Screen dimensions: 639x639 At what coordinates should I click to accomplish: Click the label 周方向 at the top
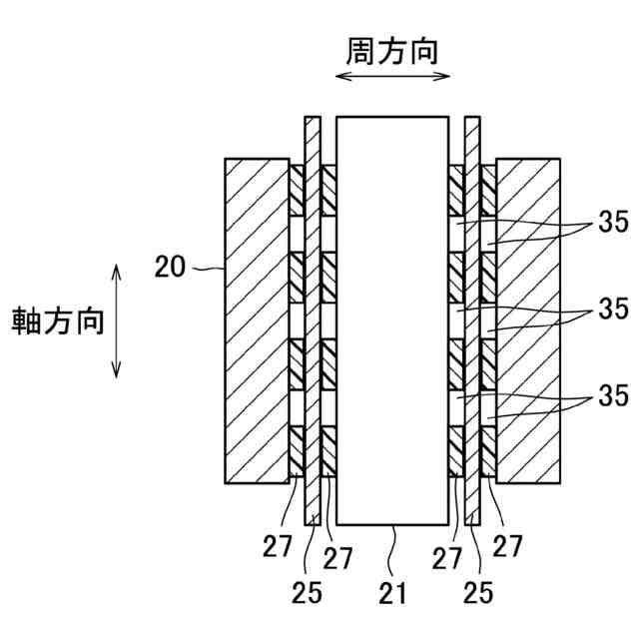(x=391, y=51)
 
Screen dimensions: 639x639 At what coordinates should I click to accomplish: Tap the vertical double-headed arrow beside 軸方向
(x=117, y=321)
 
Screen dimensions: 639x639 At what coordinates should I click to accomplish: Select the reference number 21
(x=392, y=593)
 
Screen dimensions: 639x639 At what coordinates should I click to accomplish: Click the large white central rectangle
(x=391, y=319)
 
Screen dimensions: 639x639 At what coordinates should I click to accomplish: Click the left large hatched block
(x=257, y=320)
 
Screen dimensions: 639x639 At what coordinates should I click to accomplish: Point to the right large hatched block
(x=527, y=320)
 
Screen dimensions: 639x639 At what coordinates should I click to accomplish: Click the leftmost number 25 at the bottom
(x=309, y=593)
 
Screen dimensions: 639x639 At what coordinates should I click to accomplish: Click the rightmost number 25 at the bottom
(x=480, y=593)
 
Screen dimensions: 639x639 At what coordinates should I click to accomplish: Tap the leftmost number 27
(x=279, y=546)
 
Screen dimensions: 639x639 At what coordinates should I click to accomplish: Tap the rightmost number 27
(x=508, y=546)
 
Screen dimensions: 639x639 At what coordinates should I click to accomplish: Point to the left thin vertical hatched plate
(x=313, y=319)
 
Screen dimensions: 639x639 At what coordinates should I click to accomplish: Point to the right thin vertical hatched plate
(x=472, y=319)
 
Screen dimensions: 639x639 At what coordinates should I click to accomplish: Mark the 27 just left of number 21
(x=446, y=557)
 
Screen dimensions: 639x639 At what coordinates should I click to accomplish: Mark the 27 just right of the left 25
(x=338, y=557)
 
